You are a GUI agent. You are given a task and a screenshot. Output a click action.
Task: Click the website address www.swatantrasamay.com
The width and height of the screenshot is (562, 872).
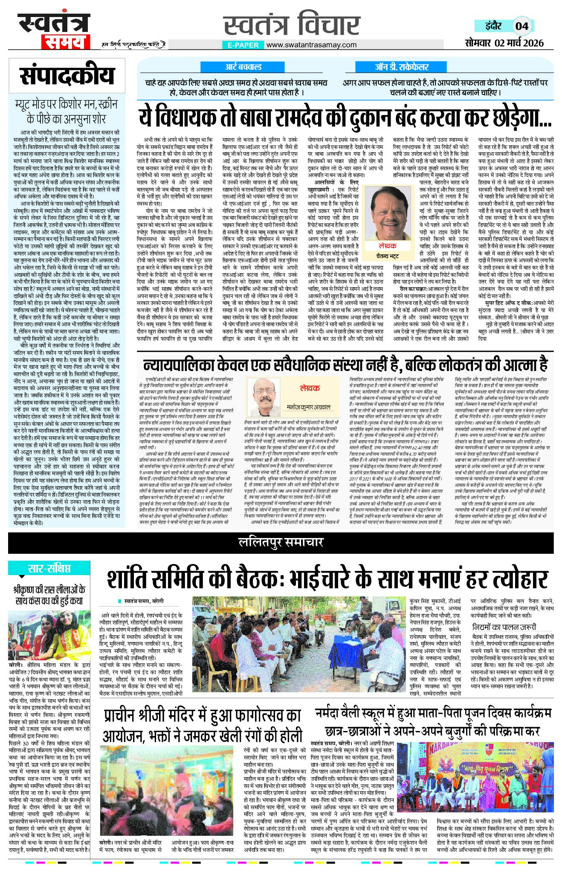312,45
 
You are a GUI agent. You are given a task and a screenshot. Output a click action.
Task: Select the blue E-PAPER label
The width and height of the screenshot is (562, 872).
243,45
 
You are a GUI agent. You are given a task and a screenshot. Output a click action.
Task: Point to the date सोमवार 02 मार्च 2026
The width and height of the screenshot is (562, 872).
504,43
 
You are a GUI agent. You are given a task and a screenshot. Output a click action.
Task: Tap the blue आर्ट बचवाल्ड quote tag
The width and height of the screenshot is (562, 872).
243,67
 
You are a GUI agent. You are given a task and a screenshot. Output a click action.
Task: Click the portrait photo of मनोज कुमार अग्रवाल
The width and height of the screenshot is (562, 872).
265,395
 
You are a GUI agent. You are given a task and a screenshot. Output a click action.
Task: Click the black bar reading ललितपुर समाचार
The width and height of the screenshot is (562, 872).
281,542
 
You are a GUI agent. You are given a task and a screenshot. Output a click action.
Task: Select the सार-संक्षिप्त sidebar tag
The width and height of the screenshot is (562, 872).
49,568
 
